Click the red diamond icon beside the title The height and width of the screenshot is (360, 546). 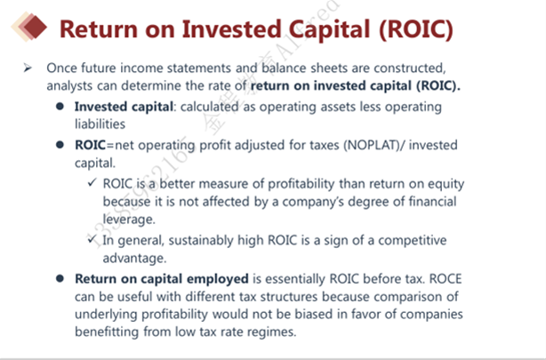(35, 27)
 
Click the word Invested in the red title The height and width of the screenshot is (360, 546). (231, 29)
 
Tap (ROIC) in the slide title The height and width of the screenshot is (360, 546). (416, 29)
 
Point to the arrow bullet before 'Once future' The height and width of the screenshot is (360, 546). (28, 68)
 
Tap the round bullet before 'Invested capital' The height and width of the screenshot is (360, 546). (60, 106)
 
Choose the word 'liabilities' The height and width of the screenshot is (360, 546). (100, 124)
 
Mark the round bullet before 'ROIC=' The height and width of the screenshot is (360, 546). (60, 145)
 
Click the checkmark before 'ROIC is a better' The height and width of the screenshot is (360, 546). (92, 181)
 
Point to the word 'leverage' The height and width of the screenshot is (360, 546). (128, 220)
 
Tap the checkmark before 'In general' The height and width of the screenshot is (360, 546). (92, 238)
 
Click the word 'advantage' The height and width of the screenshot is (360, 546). (133, 259)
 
